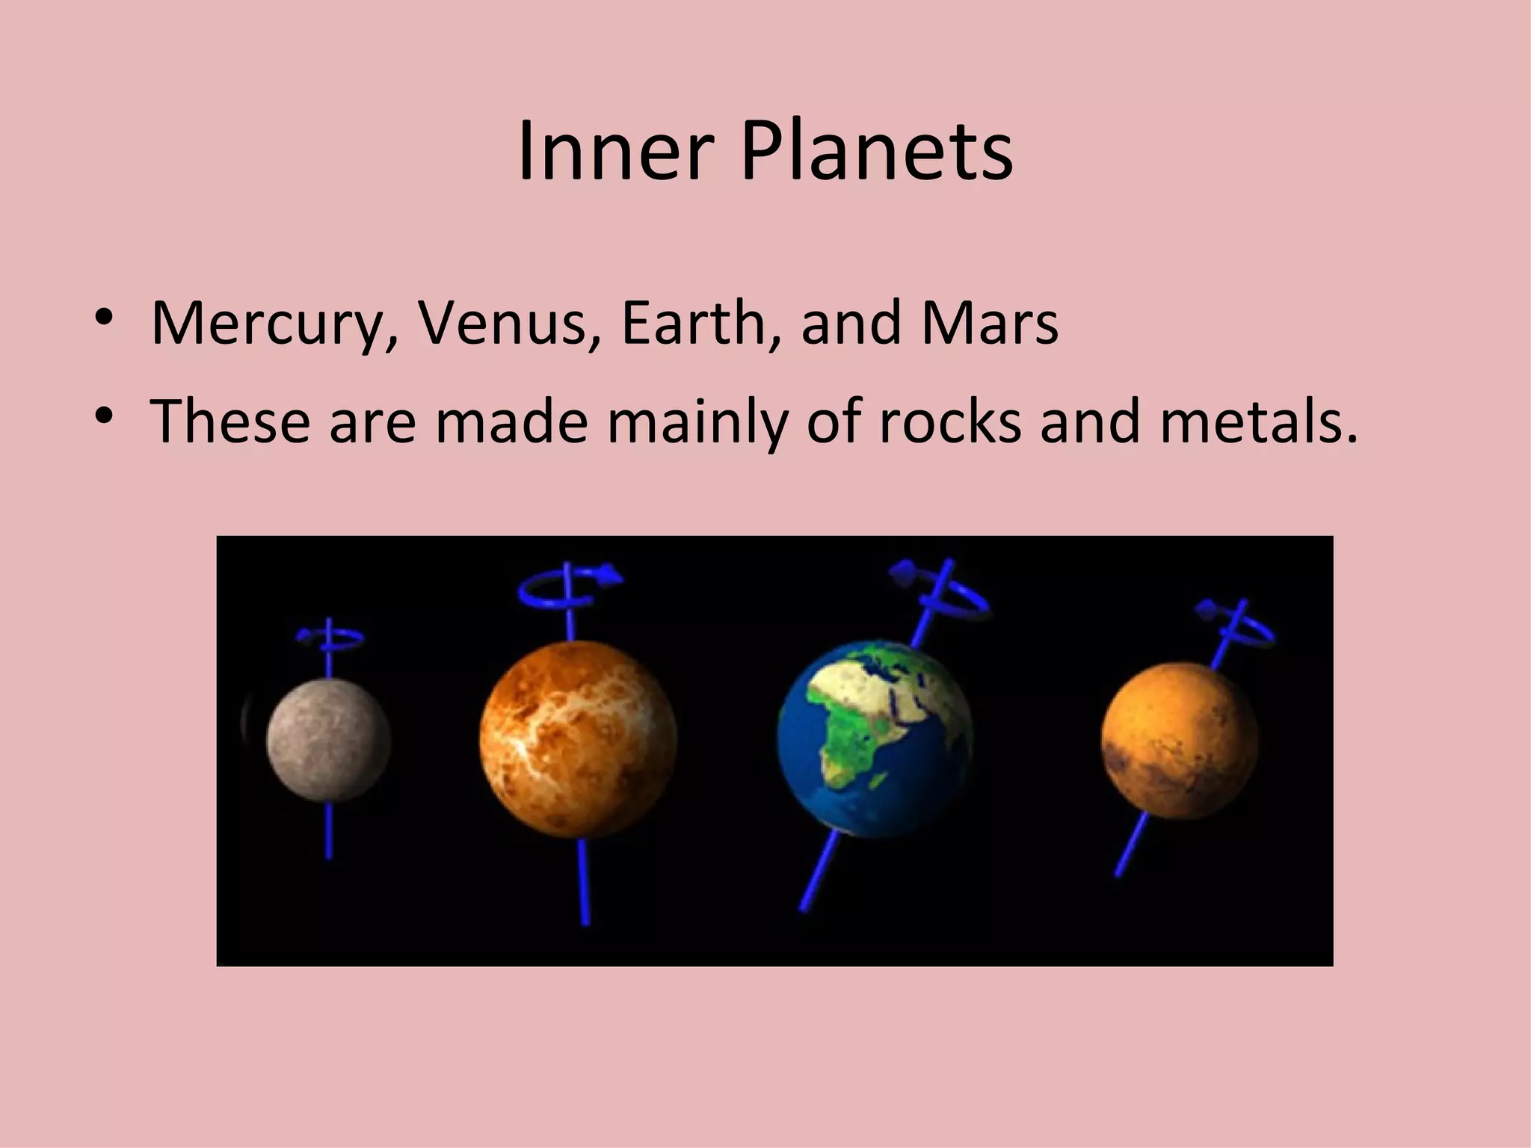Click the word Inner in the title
click(612, 152)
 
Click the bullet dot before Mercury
click(104, 317)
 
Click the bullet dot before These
click(104, 415)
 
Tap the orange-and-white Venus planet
click(578, 739)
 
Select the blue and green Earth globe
click(875, 736)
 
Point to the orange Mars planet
click(1179, 740)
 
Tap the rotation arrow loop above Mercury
click(330, 638)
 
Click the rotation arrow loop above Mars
click(1237, 628)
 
